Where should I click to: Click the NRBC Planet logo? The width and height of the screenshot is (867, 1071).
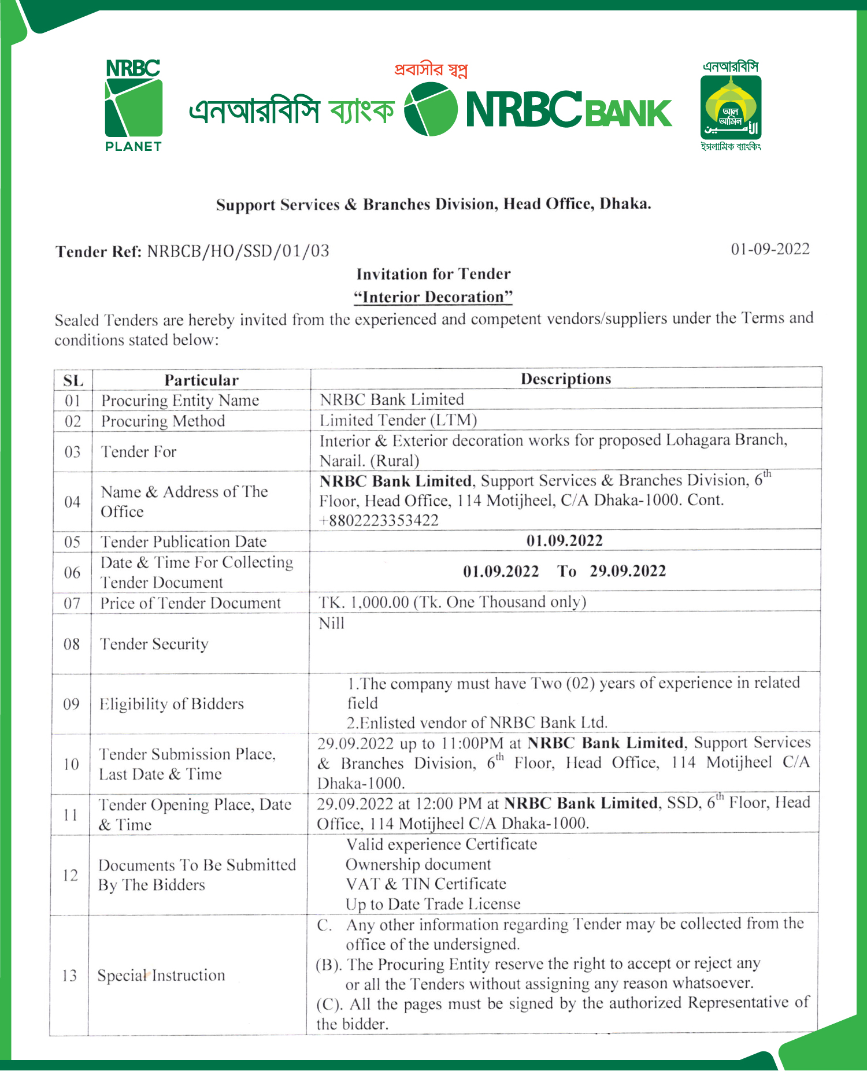click(x=133, y=106)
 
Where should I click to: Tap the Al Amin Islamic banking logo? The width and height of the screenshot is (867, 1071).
click(x=731, y=106)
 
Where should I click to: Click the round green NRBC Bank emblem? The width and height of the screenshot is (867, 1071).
click(x=431, y=109)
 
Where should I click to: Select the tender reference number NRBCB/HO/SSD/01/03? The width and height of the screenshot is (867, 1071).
click(x=238, y=251)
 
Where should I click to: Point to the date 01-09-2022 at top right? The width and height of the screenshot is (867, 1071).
click(x=770, y=249)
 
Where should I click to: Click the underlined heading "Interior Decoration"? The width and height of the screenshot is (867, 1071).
click(x=433, y=297)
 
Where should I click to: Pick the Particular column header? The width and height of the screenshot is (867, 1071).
click(x=201, y=380)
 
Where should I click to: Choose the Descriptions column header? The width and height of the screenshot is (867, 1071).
click(x=566, y=379)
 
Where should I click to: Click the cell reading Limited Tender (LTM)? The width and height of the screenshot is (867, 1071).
click(x=398, y=420)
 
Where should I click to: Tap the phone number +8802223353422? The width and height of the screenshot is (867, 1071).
click(x=379, y=520)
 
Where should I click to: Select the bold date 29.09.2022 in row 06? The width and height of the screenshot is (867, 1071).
click(x=628, y=571)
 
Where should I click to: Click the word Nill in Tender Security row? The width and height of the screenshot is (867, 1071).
click(x=332, y=623)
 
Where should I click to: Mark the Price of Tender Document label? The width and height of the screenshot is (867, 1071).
click(x=191, y=603)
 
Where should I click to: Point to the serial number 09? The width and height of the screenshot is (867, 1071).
click(x=72, y=704)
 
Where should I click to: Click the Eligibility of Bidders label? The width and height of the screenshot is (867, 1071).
click(x=172, y=704)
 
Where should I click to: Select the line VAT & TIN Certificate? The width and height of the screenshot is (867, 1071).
click(x=426, y=884)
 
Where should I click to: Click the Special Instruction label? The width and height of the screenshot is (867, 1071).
click(x=161, y=976)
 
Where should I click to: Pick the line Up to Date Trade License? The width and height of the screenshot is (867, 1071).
click(x=433, y=904)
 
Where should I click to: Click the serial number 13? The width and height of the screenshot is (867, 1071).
click(x=69, y=976)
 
